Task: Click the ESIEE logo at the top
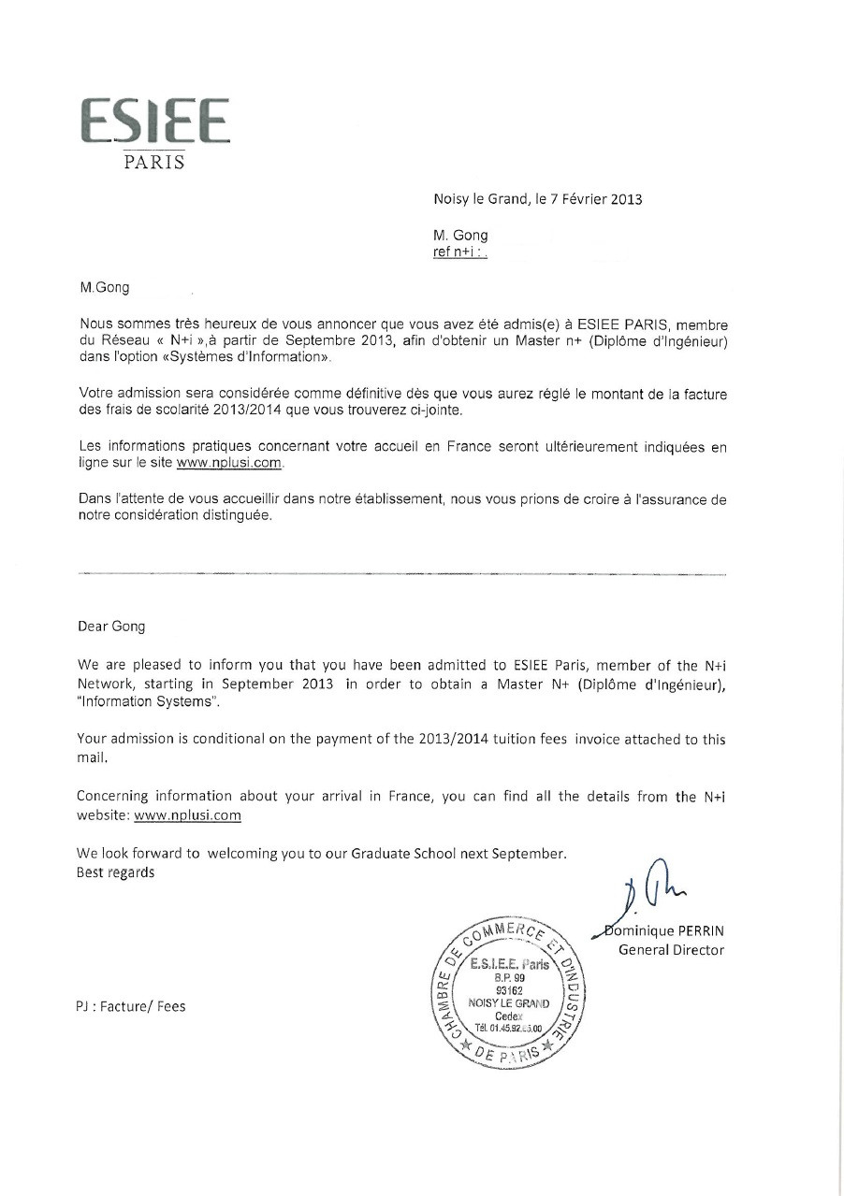click(154, 122)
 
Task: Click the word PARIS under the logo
click(154, 163)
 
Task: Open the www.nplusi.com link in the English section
click(187, 814)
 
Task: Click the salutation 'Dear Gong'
click(111, 627)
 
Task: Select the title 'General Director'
click(671, 950)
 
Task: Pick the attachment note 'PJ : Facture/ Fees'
click(131, 1006)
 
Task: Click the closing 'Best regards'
click(116, 872)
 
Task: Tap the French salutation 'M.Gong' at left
click(106, 288)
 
